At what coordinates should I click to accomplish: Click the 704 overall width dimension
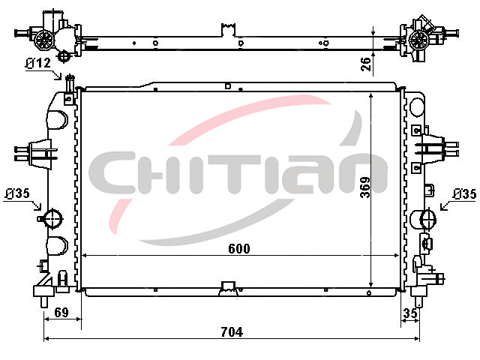[232, 332]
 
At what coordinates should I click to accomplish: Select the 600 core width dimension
[239, 248]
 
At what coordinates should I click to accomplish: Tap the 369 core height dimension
[365, 187]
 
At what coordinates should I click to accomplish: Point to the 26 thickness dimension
[366, 64]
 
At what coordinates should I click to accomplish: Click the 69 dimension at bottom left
[61, 313]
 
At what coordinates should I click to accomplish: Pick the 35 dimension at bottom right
[410, 313]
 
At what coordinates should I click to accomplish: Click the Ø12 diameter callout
[38, 63]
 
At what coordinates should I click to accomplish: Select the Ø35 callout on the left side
[17, 193]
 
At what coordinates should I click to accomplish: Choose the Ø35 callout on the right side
[464, 194]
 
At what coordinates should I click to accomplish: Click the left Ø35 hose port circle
[52, 218]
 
